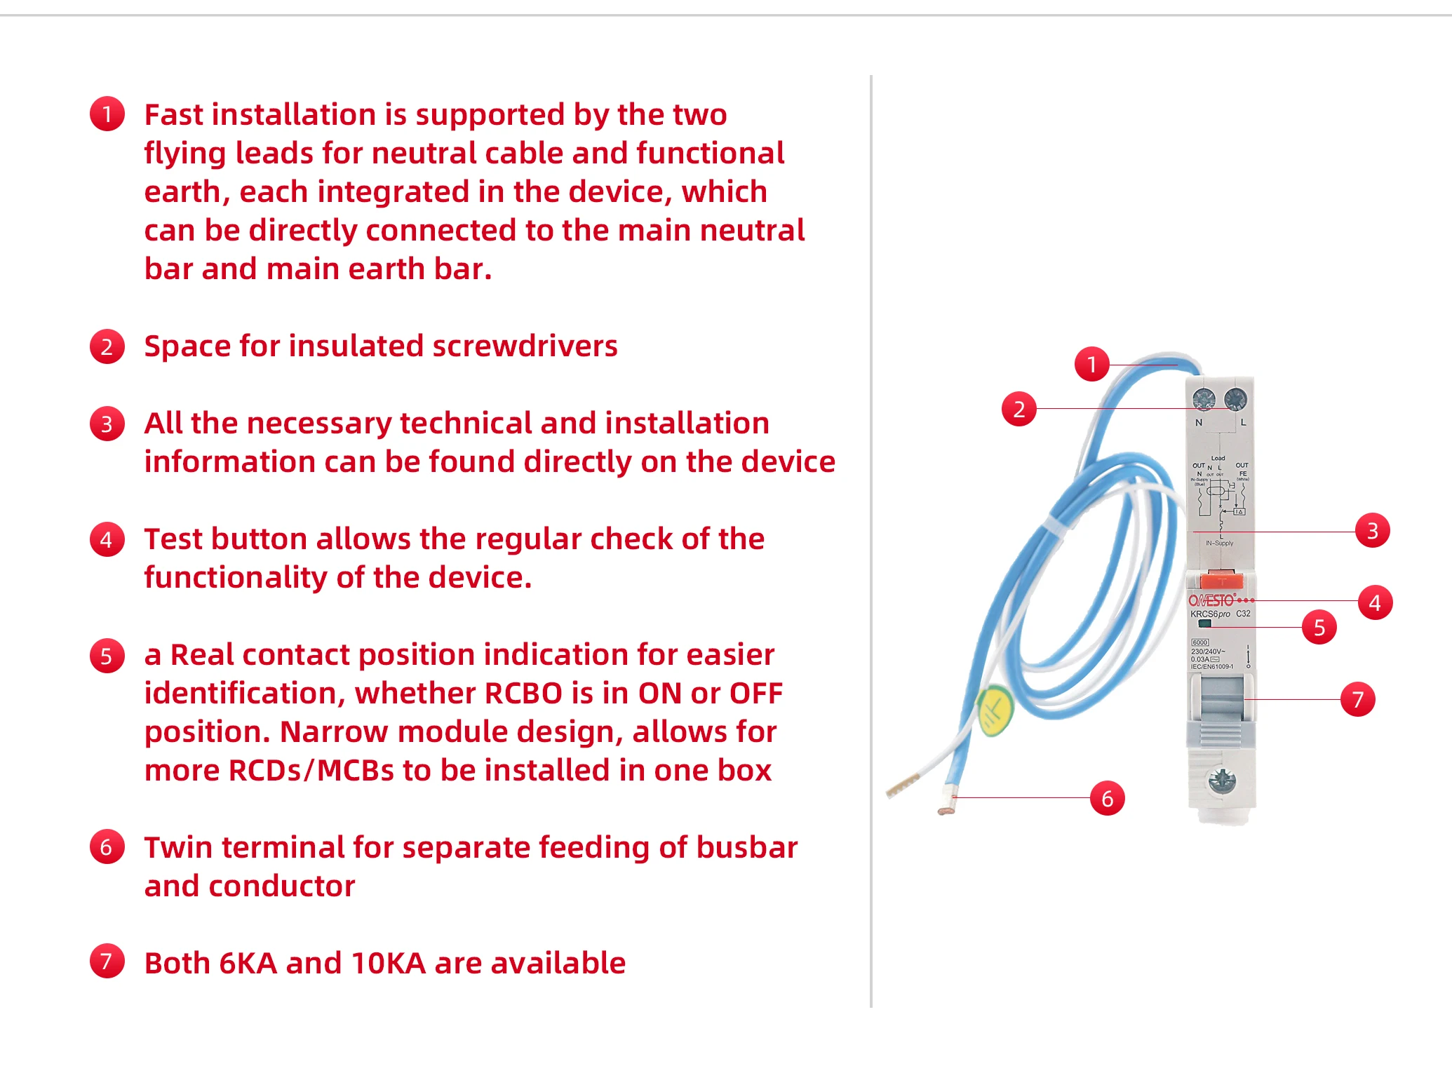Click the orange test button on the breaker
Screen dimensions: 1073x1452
1221,580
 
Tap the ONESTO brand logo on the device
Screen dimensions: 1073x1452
1211,600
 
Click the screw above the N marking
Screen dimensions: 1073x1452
1204,400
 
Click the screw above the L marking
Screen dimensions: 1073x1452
1235,400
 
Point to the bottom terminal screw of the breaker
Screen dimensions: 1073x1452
1222,780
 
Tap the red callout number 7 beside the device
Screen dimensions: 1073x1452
1358,699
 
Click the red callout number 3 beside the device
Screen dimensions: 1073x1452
1373,531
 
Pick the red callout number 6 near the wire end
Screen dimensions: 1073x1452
1108,798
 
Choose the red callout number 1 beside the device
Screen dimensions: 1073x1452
1092,364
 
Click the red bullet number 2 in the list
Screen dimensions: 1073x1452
107,346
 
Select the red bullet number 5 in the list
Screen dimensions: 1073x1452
107,656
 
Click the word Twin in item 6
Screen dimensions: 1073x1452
179,848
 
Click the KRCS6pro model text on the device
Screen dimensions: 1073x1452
1210,614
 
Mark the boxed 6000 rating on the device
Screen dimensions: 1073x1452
1200,642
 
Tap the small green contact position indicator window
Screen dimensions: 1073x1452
1205,623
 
